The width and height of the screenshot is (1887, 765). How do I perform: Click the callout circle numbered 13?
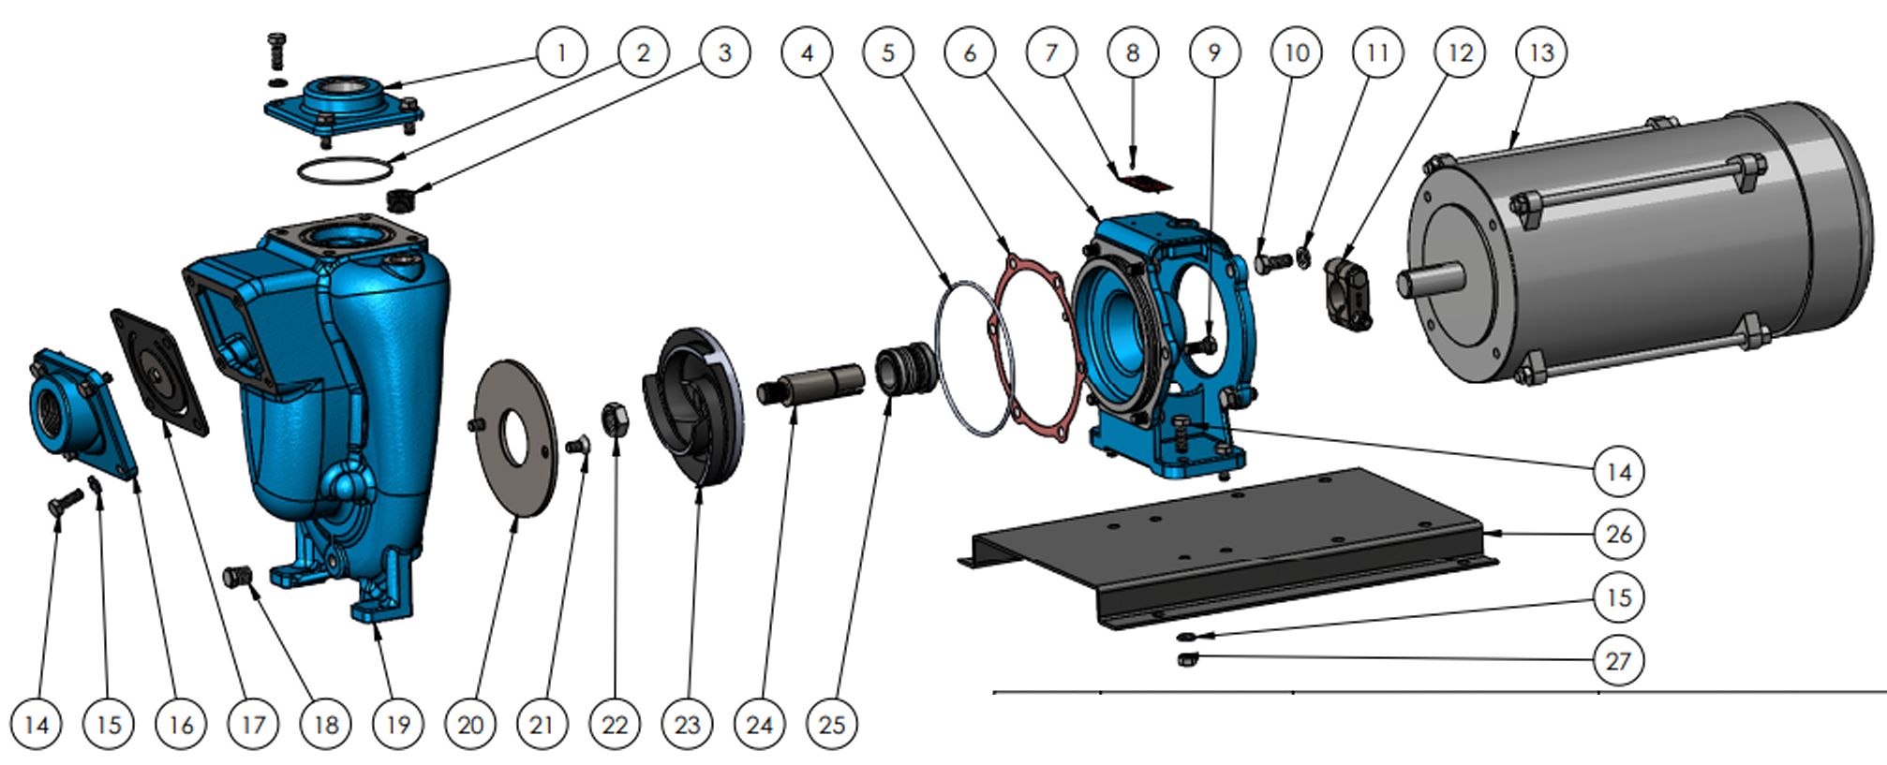click(1540, 52)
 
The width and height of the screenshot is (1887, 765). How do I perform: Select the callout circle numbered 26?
click(1618, 534)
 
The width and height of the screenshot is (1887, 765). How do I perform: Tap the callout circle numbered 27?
click(1618, 660)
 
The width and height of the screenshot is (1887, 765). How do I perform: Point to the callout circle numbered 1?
click(561, 51)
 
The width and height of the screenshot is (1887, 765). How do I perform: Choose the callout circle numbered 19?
click(397, 724)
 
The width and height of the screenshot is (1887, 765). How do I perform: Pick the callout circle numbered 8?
click(1132, 52)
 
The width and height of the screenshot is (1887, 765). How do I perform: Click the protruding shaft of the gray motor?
click(1430, 279)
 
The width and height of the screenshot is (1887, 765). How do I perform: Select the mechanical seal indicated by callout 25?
click(905, 368)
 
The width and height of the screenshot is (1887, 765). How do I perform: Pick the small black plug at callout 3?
click(400, 199)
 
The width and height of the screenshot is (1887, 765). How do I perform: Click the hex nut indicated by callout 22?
click(614, 419)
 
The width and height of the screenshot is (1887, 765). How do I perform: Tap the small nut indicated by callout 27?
click(1184, 660)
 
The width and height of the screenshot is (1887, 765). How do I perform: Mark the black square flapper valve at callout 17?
click(159, 372)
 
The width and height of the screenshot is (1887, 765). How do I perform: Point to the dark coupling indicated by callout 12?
click(1347, 293)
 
